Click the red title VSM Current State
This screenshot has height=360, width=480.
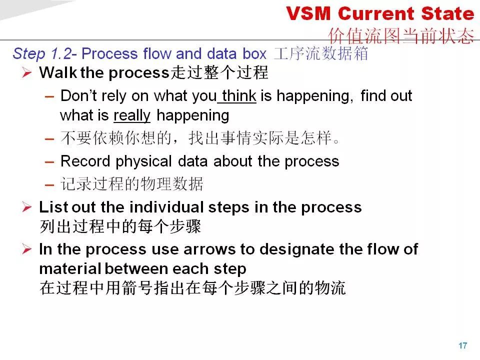coord(380,14)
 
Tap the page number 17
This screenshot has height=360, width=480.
coord(462,345)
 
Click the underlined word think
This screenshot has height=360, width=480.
coord(239,95)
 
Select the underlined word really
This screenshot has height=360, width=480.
coord(132,115)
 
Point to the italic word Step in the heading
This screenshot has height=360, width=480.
coord(29,54)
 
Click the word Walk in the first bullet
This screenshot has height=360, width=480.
coord(58,72)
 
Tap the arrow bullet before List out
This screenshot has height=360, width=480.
coord(27,207)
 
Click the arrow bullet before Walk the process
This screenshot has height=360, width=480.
coord(27,73)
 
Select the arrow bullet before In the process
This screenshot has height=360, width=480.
coord(27,249)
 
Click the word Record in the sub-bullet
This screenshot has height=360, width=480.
coord(85,161)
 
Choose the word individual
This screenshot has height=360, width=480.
coord(166,207)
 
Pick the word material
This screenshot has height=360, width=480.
coord(70,268)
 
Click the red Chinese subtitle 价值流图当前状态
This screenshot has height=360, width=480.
coord(401,35)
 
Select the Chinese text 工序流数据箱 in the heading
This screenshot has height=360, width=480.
coord(321,53)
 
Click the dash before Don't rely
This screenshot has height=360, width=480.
coord(49,96)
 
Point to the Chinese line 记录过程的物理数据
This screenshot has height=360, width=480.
coord(131,184)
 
